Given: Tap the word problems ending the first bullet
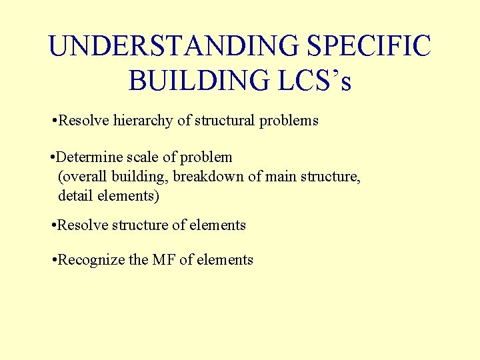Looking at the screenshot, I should (289, 121).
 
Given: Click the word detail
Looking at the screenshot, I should (74, 196).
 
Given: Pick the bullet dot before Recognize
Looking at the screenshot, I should (53, 261).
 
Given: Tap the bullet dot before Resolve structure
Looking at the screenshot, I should (53, 226).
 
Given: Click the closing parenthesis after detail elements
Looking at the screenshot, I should (157, 197).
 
